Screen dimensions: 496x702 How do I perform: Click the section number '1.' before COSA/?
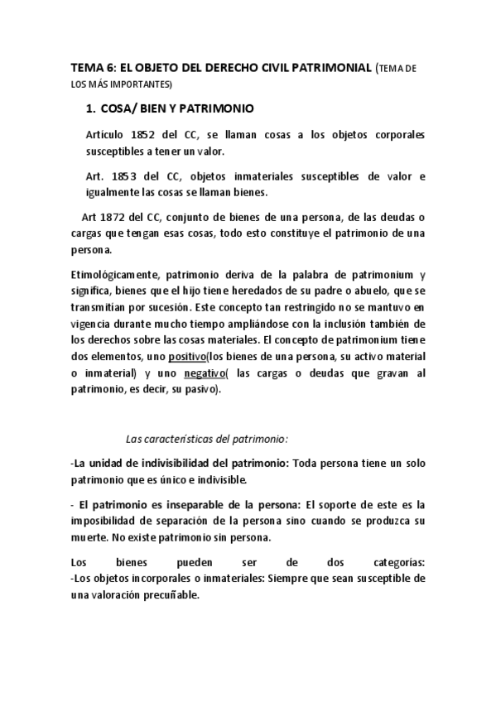point(92,108)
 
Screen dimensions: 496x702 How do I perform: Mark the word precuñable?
point(171,594)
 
